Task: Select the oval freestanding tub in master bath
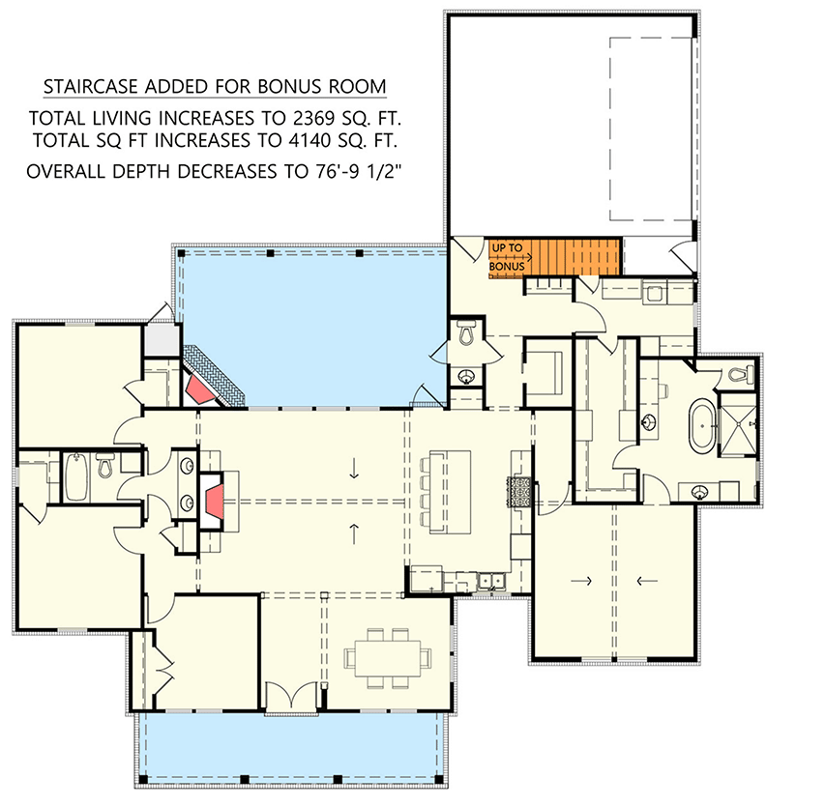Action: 699,427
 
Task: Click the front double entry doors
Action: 290,697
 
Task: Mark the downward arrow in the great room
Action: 355,471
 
